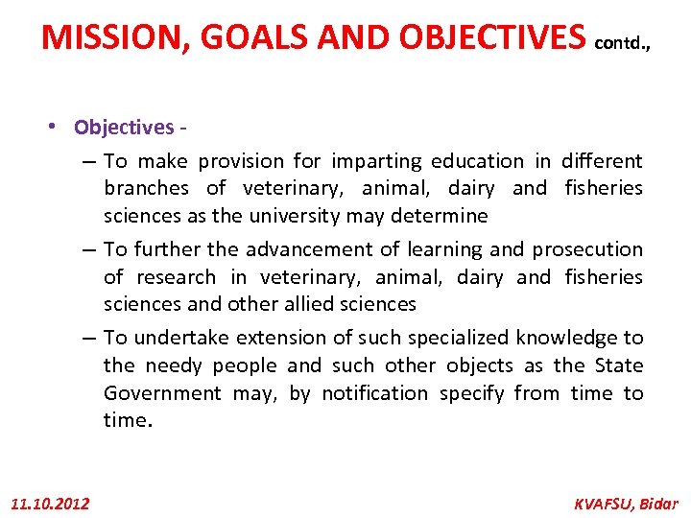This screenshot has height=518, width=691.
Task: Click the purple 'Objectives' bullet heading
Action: (x=124, y=128)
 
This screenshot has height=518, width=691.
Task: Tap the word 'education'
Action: (x=477, y=161)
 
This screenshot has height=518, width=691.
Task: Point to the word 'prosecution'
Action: (x=587, y=249)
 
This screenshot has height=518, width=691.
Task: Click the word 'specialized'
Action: (x=459, y=338)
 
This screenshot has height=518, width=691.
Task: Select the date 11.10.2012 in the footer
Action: (x=50, y=503)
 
